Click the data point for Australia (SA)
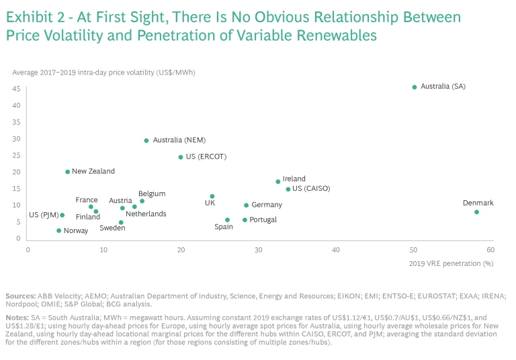[x=415, y=87]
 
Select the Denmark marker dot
[x=476, y=212]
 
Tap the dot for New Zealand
[x=68, y=172]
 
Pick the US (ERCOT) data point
[x=181, y=157]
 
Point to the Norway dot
[x=58, y=230]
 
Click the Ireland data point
[x=277, y=181]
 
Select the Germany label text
[x=267, y=205]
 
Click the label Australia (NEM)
[x=179, y=140]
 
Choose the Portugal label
[x=263, y=220]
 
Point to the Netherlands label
[x=146, y=214]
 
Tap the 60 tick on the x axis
[x=490, y=250]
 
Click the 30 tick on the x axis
[x=259, y=250]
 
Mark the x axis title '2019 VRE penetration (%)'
[x=451, y=263]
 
